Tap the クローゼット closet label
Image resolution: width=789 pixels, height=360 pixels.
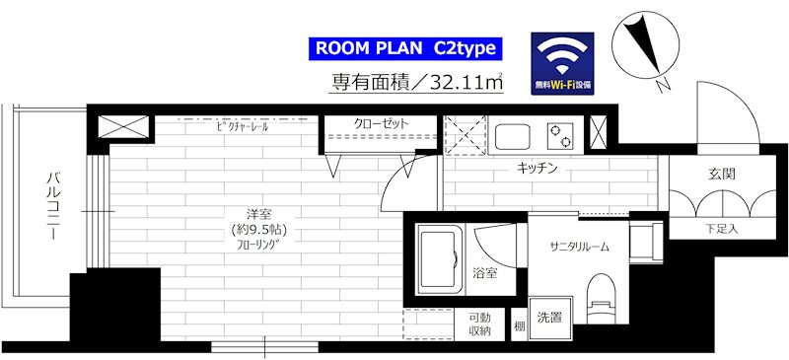click(380, 125)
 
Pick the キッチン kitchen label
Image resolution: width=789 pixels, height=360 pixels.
click(538, 169)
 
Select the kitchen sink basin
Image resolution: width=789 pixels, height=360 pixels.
click(514, 133)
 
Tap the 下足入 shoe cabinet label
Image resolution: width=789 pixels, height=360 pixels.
click(721, 229)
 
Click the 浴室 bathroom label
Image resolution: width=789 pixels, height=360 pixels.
click(484, 273)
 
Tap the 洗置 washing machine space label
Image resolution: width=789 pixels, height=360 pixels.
click(550, 319)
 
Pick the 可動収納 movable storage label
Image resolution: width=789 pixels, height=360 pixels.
click(479, 324)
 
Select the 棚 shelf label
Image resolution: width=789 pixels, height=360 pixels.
click(519, 324)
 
